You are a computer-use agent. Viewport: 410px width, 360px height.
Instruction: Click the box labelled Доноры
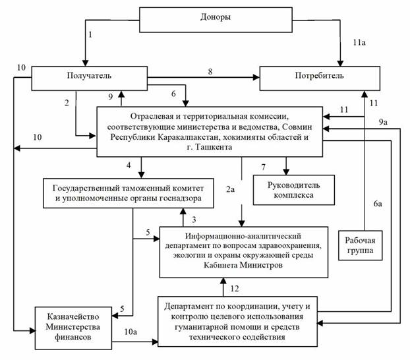pos(216,20)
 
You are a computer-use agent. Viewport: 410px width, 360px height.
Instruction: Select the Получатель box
pos(90,78)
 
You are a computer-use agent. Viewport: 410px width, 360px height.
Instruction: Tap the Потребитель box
pos(320,78)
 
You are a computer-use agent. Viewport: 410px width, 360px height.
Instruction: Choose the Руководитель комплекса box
pos(293,190)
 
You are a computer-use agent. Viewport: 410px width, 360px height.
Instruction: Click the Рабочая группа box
pos(361,245)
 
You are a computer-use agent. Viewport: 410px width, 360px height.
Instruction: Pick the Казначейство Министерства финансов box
pos(73,328)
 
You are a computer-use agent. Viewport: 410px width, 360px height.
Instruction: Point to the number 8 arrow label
pos(210,71)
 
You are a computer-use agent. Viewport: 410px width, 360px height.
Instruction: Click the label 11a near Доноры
pos(359,42)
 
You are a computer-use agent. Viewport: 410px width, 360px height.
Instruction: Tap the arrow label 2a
pos(230,189)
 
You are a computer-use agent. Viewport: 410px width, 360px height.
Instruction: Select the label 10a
pos(131,332)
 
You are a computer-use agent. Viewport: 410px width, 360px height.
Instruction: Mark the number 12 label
pos(235,289)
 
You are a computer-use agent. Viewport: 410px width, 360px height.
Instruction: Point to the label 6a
pos(378,204)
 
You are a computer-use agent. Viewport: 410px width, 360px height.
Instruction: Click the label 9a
pos(383,122)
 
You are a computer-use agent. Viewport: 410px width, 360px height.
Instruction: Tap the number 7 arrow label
pos(263,167)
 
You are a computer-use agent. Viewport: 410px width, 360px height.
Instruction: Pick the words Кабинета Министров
pos(243,265)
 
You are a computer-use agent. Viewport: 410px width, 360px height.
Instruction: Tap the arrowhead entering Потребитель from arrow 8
pos(256,77)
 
